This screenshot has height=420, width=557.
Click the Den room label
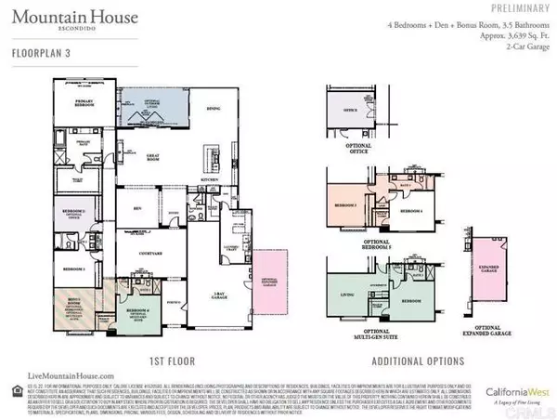136,208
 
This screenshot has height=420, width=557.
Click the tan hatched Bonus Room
70,307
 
